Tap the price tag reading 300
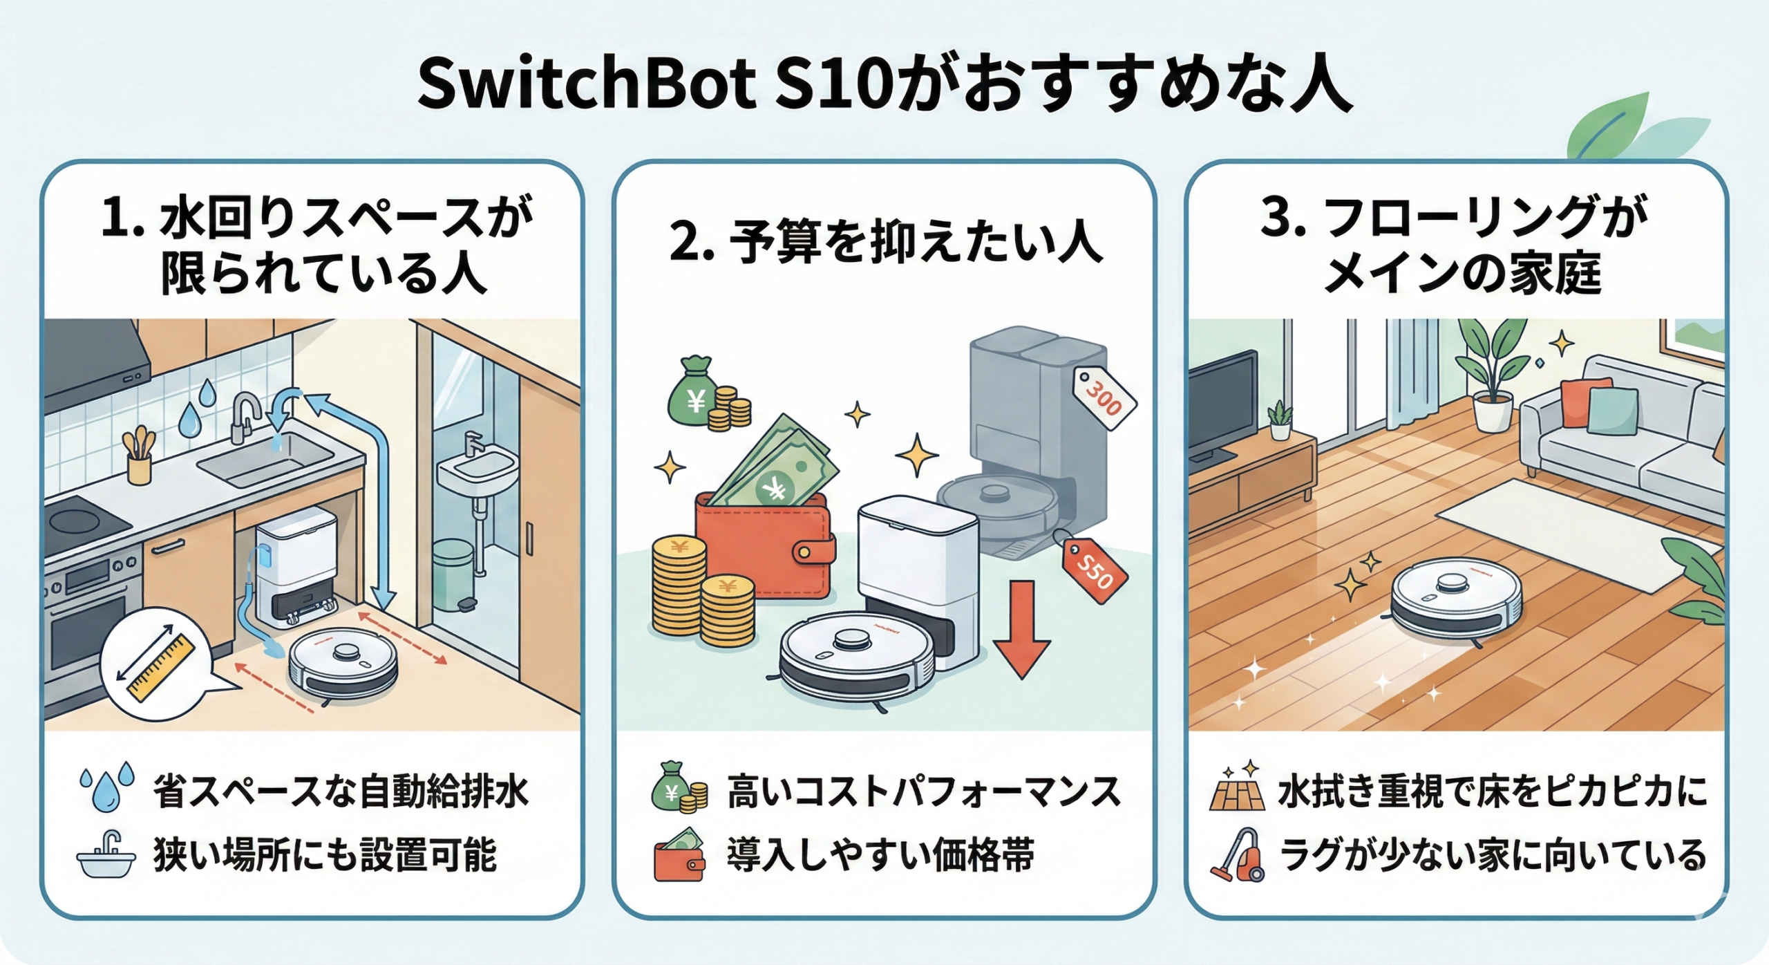click(x=1104, y=397)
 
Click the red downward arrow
click(x=1021, y=629)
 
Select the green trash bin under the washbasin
click(x=454, y=574)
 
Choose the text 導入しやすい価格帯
click(x=880, y=854)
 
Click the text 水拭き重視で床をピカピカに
click(x=1491, y=791)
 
